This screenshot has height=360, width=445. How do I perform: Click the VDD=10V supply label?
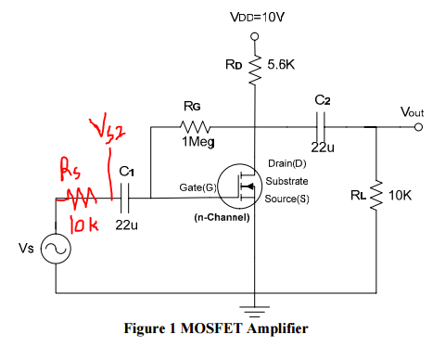pos(251,18)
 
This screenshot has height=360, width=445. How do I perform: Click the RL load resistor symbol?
pos(375,197)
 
